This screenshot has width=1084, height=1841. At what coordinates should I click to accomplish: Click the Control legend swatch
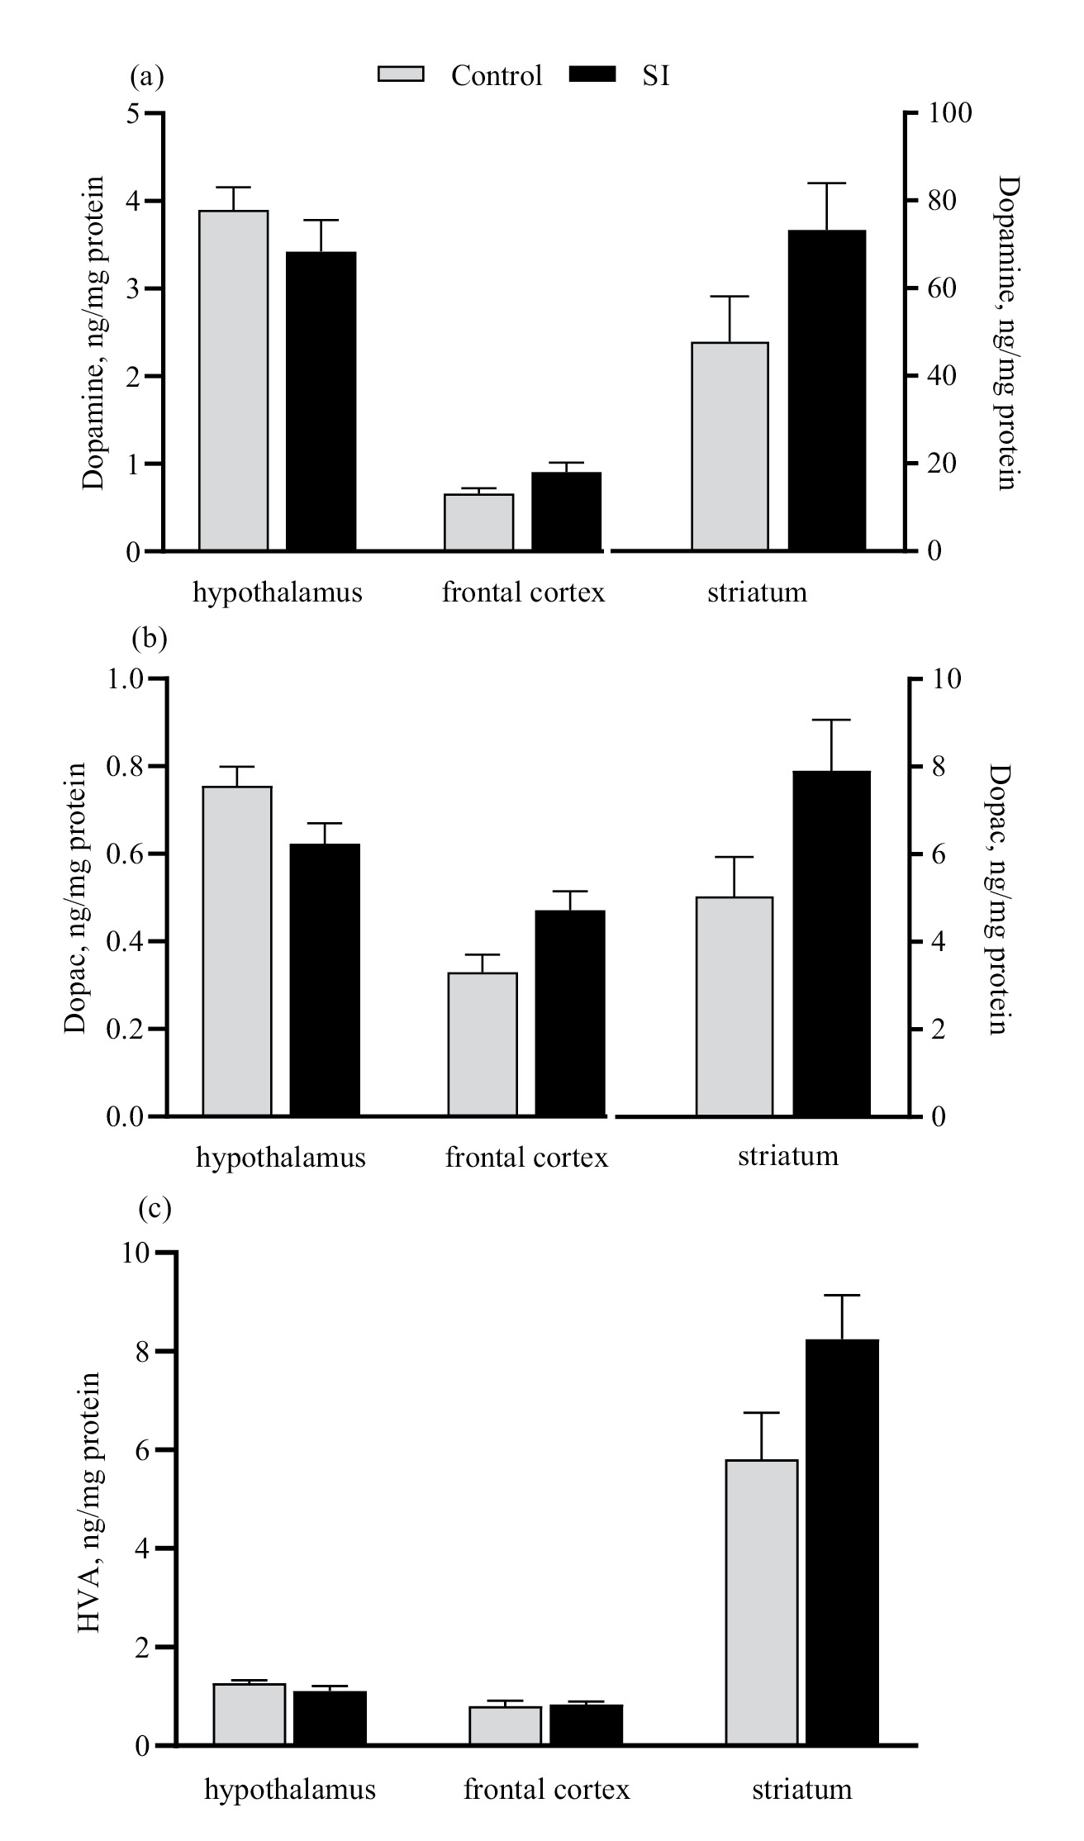(x=401, y=75)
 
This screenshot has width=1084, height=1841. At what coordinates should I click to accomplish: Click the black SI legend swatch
(x=592, y=75)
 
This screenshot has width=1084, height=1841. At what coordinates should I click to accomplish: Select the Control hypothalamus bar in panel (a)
(x=234, y=380)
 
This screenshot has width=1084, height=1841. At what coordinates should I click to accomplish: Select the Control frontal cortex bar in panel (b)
(x=483, y=1044)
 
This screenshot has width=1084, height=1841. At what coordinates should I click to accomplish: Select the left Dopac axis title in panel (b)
(x=76, y=898)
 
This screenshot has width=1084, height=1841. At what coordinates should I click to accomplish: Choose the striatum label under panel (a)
(x=757, y=592)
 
